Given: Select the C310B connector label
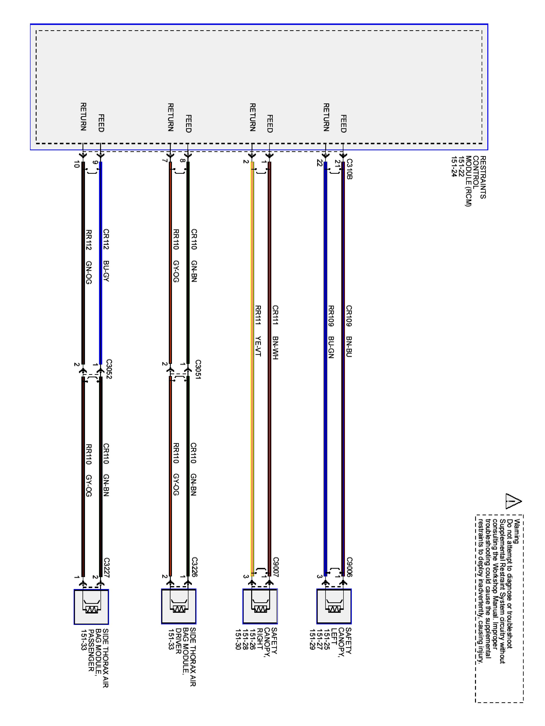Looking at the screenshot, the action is (350, 169).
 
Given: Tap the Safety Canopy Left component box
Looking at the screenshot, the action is (334, 606).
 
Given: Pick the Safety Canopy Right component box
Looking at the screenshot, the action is (260, 606).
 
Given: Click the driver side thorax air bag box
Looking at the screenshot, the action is (178, 606).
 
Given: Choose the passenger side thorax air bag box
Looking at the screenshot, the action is (91, 606).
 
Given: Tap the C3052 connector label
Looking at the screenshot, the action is (109, 370).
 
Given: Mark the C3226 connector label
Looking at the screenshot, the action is (195, 567).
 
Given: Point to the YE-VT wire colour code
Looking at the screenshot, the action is (258, 346).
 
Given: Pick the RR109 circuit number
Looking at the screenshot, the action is (331, 316).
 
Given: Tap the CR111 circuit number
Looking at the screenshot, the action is (275, 315).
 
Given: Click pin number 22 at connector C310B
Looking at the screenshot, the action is (319, 163).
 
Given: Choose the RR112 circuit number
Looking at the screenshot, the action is (88, 240).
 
